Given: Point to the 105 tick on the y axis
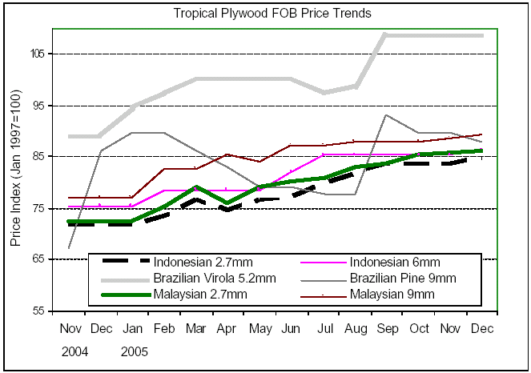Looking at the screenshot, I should pyautogui.click(x=38, y=54).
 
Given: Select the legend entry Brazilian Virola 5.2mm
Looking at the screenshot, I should pyautogui.click(x=214, y=279).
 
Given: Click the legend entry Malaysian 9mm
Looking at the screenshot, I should pyautogui.click(x=397, y=295).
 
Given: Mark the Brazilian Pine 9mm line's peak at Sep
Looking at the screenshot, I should pyautogui.click(x=386, y=114).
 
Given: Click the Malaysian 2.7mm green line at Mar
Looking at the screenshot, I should pyautogui.click(x=195, y=186).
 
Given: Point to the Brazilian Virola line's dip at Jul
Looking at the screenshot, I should pyautogui.click(x=323, y=93).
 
